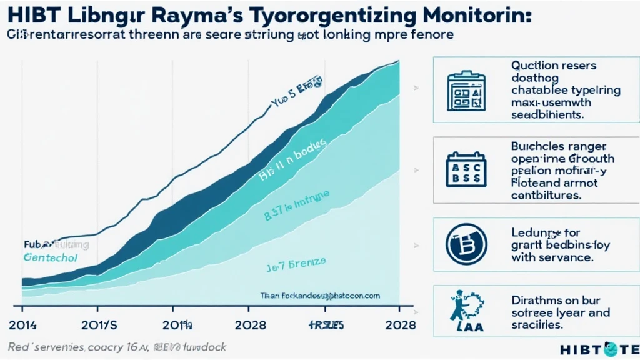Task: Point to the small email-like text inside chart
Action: click(320, 296)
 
